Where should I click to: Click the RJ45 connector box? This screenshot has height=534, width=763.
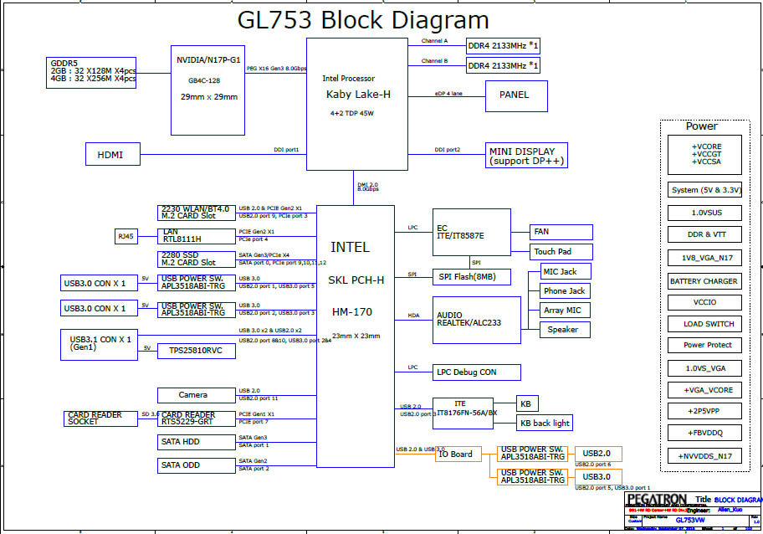[126, 237]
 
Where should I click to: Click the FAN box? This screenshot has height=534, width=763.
[561, 232]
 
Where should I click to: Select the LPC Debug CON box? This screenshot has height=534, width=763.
[477, 372]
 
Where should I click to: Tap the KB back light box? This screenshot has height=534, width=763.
[545, 424]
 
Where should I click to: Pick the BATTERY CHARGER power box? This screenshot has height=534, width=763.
[704, 281]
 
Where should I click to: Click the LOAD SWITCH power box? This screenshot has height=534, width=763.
[704, 324]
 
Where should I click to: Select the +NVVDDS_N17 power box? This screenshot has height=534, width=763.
[704, 456]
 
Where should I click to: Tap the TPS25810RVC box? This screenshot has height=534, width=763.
[196, 351]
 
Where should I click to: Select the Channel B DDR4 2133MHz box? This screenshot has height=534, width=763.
[503, 65]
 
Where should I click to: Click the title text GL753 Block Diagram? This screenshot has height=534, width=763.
[364, 20]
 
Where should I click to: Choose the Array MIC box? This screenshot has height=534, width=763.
[561, 311]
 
